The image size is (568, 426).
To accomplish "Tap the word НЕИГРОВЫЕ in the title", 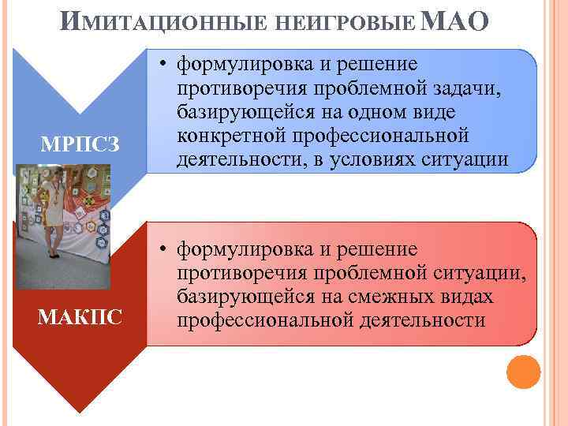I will click(348, 23).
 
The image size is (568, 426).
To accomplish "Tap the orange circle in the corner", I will click(522, 372).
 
